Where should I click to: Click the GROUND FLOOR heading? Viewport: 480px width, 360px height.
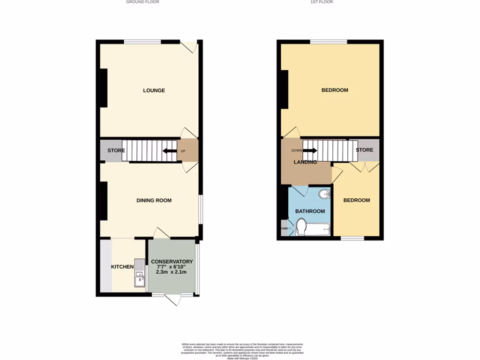tap(142, 2)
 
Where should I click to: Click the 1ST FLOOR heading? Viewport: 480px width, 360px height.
tap(322, 2)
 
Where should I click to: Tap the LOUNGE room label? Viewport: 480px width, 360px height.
tap(154, 90)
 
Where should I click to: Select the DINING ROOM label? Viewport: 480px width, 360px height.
tap(154, 201)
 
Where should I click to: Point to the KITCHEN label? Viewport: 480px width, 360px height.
tap(122, 267)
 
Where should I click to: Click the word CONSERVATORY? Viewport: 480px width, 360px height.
tap(172, 262)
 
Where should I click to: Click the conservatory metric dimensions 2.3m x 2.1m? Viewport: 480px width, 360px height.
tap(172, 272)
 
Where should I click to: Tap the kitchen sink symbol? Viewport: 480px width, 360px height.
tap(140, 273)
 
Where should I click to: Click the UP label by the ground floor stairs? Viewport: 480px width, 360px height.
tap(183, 151)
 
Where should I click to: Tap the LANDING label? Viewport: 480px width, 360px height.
tap(305, 162)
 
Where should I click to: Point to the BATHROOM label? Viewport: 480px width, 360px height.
tap(310, 211)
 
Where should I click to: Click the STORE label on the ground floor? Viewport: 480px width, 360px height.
tap(116, 151)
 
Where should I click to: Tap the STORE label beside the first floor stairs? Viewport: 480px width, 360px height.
tap(364, 150)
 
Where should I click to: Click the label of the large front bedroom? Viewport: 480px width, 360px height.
tap(335, 90)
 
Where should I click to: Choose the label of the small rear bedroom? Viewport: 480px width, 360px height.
tap(356, 200)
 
